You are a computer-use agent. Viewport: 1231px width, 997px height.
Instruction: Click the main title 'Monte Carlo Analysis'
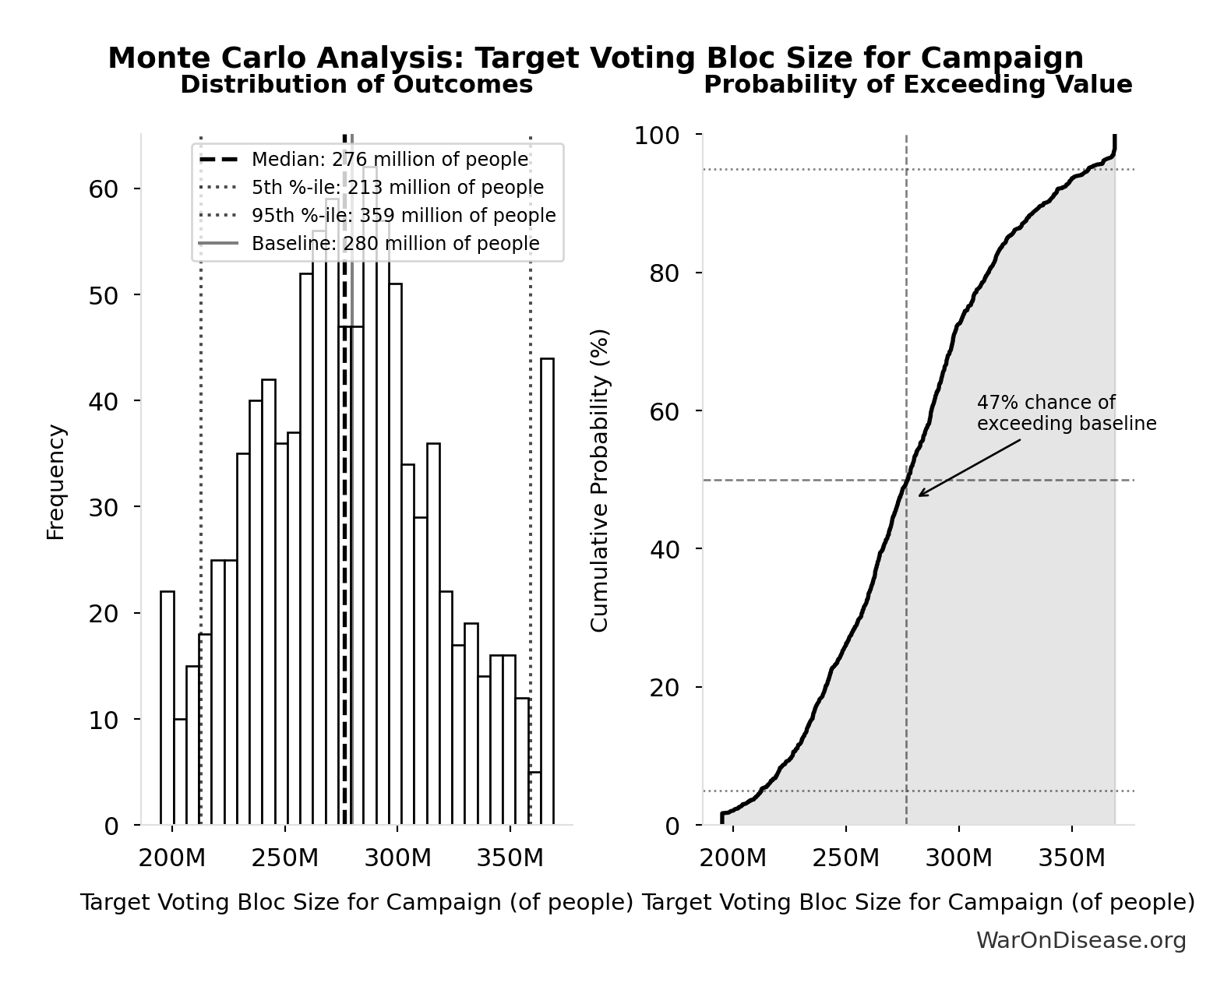(x=595, y=58)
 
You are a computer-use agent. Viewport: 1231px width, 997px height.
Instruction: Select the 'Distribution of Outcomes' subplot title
(x=357, y=84)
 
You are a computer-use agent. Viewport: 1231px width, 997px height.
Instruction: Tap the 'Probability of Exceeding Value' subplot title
(x=918, y=84)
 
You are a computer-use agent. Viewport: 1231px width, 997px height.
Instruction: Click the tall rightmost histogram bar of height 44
(x=548, y=592)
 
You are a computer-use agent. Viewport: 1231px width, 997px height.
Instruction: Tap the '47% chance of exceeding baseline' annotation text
(x=1066, y=414)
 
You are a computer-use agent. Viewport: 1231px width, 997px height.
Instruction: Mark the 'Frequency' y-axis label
(x=55, y=481)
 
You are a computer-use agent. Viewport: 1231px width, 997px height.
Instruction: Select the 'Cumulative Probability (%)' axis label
(x=599, y=481)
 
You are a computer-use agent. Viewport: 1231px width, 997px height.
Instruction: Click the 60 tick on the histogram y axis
(x=103, y=189)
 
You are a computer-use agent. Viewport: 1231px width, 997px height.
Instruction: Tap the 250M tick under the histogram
(x=285, y=859)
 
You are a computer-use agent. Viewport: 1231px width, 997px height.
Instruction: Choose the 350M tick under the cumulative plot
(x=1071, y=859)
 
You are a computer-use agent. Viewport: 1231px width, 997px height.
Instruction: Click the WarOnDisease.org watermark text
(x=1081, y=941)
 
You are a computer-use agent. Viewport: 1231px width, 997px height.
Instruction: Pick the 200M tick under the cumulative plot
(x=732, y=859)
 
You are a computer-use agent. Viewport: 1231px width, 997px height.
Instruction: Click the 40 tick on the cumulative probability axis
(x=664, y=549)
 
